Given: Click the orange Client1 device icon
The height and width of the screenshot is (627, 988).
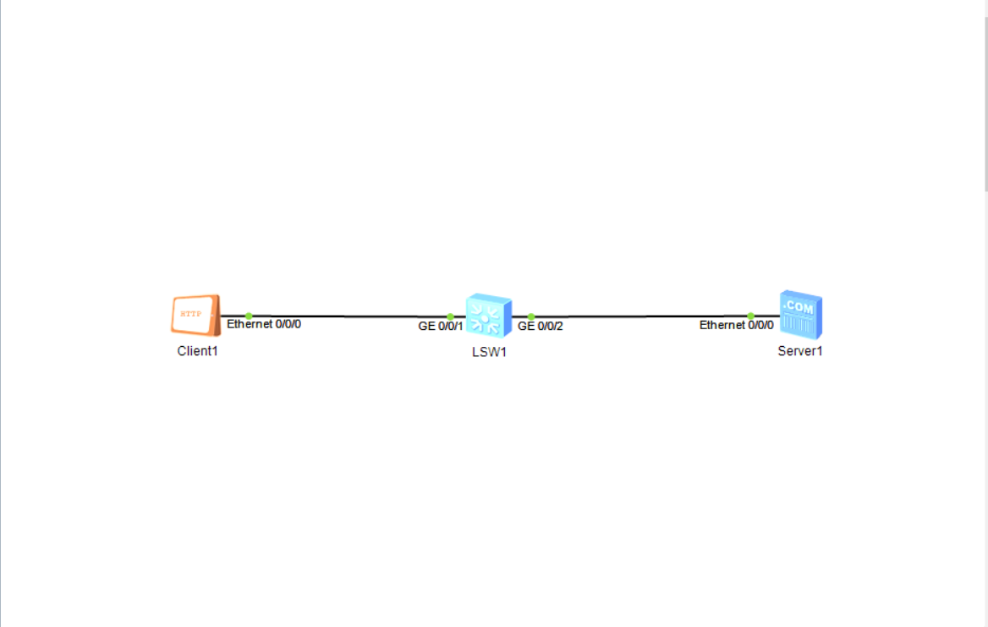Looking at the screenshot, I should tap(195, 316).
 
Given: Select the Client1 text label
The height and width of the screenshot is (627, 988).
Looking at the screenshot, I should tap(197, 351).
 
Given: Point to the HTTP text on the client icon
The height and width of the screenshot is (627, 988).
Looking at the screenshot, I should tap(192, 313).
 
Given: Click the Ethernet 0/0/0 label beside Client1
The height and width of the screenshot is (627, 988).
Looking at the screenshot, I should tap(264, 324).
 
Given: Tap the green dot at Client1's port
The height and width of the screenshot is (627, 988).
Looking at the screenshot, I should tap(249, 316).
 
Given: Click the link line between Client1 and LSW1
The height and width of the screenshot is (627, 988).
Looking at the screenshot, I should tap(347, 316).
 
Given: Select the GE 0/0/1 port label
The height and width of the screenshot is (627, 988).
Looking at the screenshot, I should tap(441, 326).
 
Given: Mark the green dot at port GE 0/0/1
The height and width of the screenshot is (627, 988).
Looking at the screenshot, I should tap(450, 316).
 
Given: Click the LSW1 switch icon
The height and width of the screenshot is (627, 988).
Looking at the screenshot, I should tap(488, 316).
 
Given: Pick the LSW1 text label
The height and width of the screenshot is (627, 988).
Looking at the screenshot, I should tap(489, 352).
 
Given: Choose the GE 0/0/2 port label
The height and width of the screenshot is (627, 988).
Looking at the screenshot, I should tap(540, 326).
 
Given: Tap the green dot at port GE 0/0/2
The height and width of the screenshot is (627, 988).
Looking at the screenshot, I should tap(531, 316).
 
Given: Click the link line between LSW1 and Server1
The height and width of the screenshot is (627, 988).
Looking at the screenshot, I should tap(643, 316).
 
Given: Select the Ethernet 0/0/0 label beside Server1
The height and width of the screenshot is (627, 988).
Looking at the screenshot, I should tap(736, 325).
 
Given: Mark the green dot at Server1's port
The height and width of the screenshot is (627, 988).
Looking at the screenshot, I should tap(750, 316).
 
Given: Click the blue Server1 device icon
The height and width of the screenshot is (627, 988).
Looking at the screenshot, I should tap(800, 315).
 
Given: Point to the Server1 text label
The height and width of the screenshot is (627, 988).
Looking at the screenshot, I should tap(800, 351).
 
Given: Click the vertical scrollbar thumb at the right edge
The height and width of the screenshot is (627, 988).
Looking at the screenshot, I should tap(985, 102).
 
